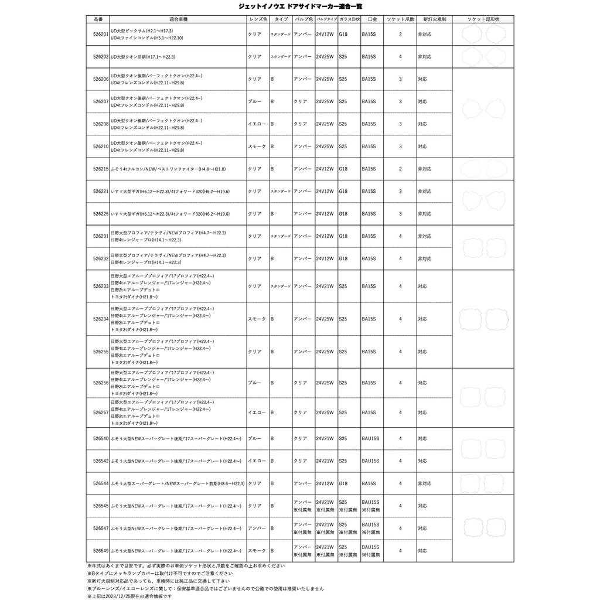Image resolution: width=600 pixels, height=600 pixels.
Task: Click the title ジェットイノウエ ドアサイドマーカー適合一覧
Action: click(x=299, y=6)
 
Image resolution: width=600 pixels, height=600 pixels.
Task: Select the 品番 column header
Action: click(x=98, y=19)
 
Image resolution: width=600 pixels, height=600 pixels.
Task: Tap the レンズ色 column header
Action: click(x=258, y=19)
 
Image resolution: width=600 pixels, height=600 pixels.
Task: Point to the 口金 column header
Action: click(x=372, y=19)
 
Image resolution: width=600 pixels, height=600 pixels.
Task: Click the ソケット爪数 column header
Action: click(x=400, y=19)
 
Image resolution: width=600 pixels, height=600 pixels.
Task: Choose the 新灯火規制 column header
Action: click(x=434, y=19)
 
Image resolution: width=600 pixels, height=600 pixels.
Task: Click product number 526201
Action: click(x=100, y=35)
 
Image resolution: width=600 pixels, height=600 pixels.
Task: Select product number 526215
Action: click(x=100, y=169)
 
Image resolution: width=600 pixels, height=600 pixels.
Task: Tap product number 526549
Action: click(x=100, y=551)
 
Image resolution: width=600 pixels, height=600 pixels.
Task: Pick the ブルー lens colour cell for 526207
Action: click(x=254, y=101)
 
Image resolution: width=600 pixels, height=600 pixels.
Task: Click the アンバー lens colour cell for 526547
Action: click(x=256, y=529)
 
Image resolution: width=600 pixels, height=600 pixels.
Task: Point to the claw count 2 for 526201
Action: click(x=400, y=35)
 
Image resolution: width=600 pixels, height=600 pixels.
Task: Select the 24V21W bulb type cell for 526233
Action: click(x=325, y=287)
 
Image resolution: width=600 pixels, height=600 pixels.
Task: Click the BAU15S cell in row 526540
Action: click(x=370, y=438)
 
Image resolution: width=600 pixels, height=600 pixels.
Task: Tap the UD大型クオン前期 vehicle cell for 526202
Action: click(x=143, y=57)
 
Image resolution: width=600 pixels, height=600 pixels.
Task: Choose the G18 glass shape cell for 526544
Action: click(x=343, y=483)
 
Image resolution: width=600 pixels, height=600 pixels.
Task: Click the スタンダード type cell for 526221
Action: click(x=280, y=192)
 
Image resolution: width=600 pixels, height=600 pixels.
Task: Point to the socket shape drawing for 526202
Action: click(x=484, y=57)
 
